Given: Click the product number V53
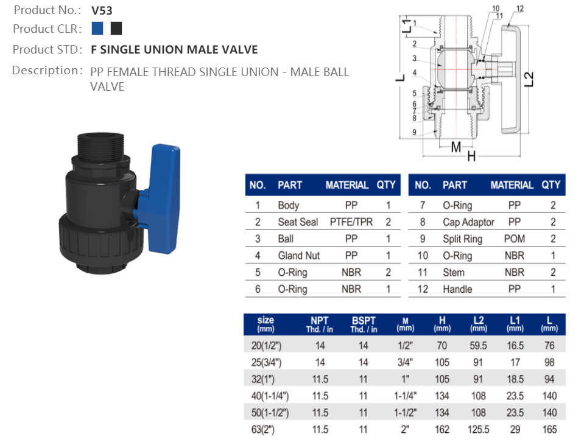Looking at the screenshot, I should click(x=102, y=10).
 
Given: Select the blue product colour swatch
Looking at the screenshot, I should click(x=97, y=28).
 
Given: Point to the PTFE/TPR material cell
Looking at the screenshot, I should click(x=351, y=222).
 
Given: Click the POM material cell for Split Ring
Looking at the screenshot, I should click(x=514, y=239).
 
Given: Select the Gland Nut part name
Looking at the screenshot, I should click(x=298, y=256).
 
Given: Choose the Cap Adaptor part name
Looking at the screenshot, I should click(x=468, y=222).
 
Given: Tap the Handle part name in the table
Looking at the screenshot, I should click(x=457, y=289).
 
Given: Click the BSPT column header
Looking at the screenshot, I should click(x=364, y=324).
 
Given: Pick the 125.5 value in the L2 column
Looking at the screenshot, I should click(x=479, y=430).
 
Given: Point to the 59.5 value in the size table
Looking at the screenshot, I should click(x=479, y=346).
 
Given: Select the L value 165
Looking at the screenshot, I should click(x=549, y=430).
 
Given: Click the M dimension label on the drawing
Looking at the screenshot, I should click(x=456, y=147).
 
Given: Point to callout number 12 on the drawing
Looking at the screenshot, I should click(x=519, y=8).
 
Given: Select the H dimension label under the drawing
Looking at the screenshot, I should click(x=471, y=156).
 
